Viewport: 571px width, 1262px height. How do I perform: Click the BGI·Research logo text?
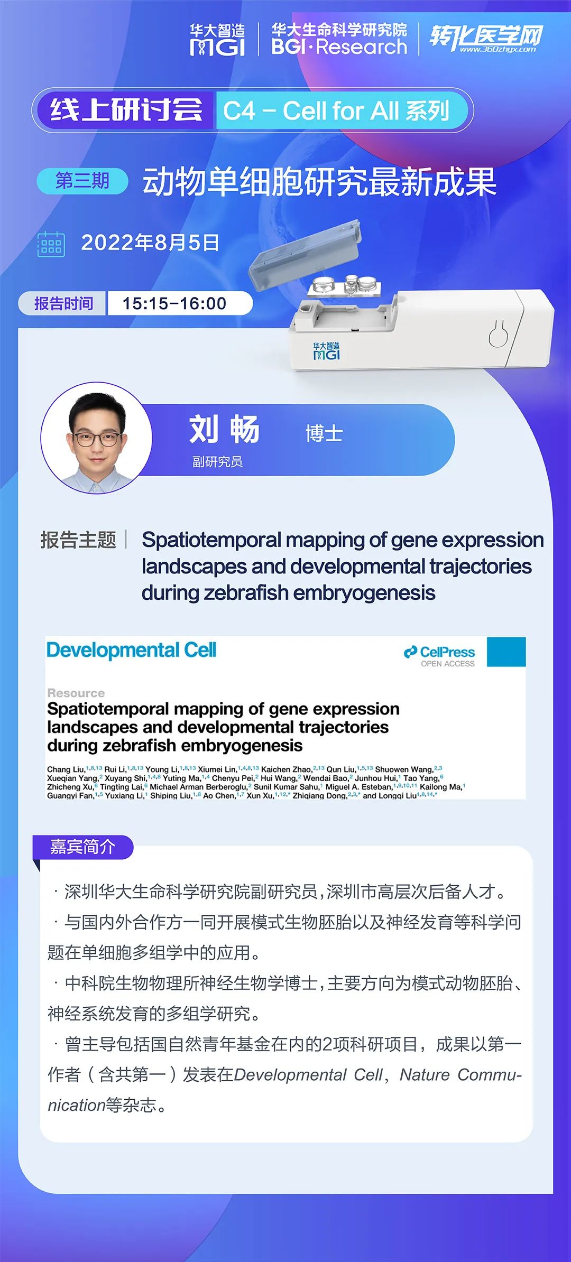pos(339,47)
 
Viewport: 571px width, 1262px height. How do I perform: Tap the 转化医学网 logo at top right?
pos(486,38)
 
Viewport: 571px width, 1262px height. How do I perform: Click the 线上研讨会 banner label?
pos(126,110)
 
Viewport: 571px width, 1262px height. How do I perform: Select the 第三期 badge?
pos(82,181)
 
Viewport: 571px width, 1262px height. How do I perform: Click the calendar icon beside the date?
pos(51,244)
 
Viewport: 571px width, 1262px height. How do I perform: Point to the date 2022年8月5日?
pos(150,243)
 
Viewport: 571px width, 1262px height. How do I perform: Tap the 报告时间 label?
pos(63,303)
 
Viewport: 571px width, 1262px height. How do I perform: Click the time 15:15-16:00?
pos(174,303)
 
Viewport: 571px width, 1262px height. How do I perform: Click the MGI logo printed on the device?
pos(326,351)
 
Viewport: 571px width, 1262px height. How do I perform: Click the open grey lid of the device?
pos(306,255)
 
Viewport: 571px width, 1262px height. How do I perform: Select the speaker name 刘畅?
pos(224,429)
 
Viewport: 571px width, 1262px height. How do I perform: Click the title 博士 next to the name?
pos(324,433)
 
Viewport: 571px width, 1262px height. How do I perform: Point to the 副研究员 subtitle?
pos(217,462)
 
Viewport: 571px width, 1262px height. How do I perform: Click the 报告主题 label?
pos(78,540)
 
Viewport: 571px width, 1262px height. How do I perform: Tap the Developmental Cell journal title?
pos(132,650)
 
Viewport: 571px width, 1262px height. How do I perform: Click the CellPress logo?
pos(439,656)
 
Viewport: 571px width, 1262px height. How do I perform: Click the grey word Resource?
pos(76,693)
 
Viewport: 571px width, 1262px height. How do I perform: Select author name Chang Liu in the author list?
pos(66,769)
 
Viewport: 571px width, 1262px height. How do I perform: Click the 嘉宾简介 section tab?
pos(82,847)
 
